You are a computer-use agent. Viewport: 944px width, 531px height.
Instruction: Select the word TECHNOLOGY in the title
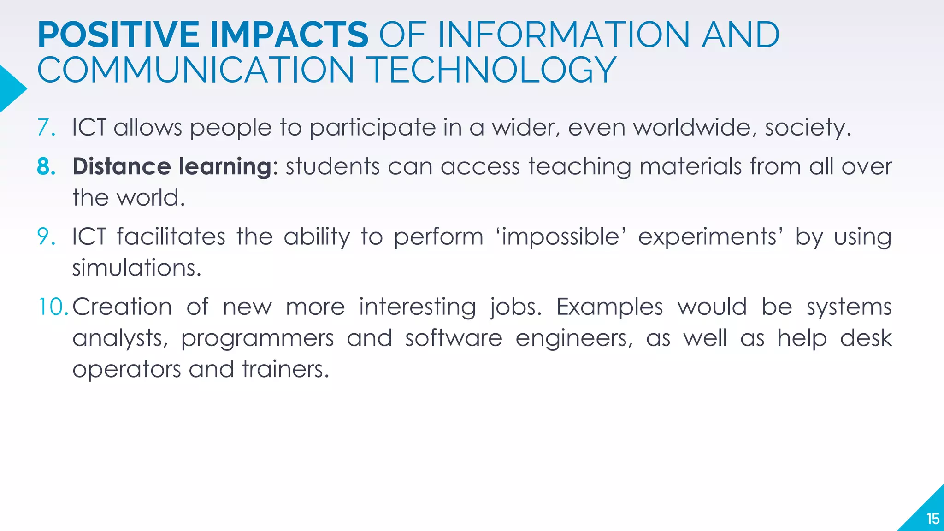point(493,70)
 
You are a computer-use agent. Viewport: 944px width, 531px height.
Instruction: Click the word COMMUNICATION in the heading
point(195,70)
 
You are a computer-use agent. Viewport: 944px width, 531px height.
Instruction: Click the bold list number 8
point(46,166)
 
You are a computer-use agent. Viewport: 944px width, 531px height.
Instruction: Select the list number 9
point(46,236)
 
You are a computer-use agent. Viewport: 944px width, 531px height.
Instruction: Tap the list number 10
point(53,307)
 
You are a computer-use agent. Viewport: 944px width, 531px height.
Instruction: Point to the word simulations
point(136,268)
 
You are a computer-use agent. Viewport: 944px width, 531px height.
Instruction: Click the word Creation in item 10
point(122,307)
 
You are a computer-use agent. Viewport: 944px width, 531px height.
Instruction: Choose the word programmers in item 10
point(257,339)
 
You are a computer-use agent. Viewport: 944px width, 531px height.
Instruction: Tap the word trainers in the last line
point(285,369)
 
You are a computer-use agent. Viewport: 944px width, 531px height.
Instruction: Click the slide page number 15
point(932,519)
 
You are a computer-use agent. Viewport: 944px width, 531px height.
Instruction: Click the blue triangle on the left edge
point(10,89)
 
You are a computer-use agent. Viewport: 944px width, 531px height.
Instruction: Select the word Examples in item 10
point(609,307)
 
